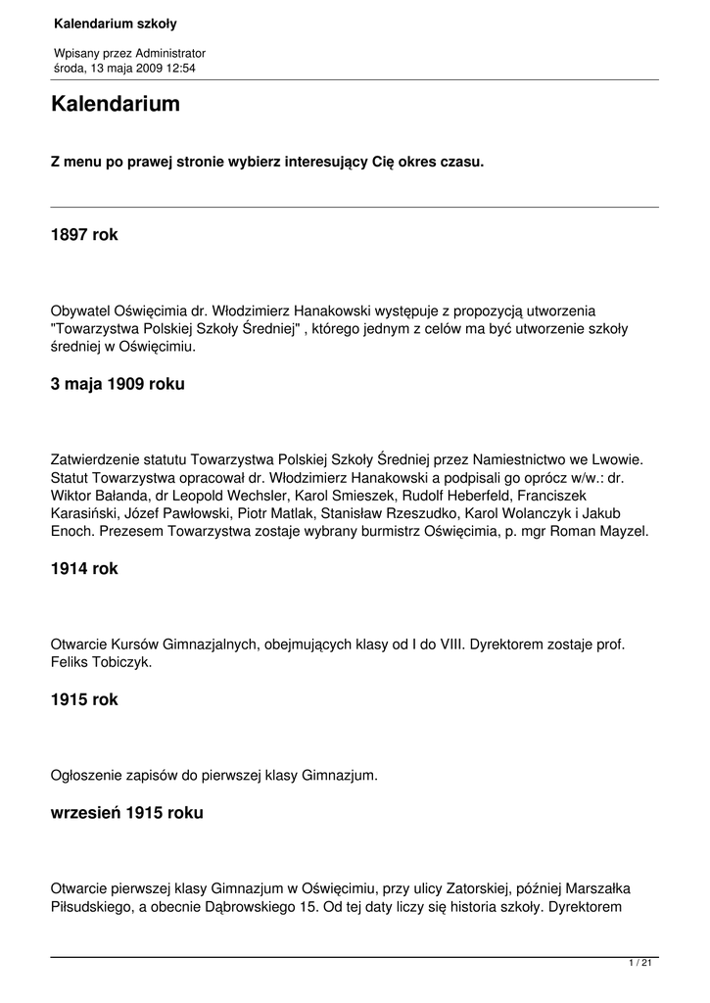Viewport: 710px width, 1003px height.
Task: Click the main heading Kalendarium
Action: [x=116, y=104]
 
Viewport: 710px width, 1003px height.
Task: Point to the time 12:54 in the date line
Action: [x=179, y=68]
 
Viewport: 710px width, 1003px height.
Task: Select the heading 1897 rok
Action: [x=84, y=235]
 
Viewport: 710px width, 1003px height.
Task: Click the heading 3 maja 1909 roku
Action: [x=118, y=385]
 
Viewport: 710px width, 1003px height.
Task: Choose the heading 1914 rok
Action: [x=84, y=569]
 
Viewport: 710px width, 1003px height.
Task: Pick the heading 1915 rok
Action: [x=84, y=701]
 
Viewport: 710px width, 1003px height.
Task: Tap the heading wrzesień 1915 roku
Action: [x=127, y=813]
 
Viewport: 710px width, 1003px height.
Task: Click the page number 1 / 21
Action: [x=640, y=965]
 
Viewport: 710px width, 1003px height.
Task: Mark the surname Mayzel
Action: [x=621, y=532]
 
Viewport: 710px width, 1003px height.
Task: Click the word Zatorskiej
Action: [x=468, y=888]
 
